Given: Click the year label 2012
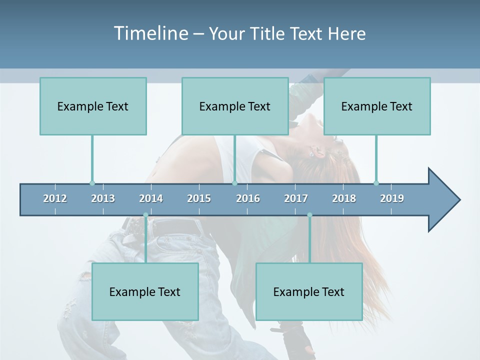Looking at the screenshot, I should (x=55, y=198).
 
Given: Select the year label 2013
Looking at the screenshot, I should (x=103, y=198).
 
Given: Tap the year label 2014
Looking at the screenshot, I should (x=151, y=198).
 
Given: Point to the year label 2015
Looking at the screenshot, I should (x=199, y=198).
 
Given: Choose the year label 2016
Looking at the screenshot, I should (x=248, y=198).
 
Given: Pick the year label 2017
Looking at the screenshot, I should (x=296, y=198).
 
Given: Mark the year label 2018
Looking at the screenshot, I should (x=344, y=198).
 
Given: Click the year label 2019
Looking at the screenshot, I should (x=392, y=198).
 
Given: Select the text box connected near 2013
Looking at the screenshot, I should (x=93, y=106).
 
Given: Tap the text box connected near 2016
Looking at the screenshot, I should (x=235, y=106).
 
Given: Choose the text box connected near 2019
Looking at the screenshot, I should (x=377, y=106).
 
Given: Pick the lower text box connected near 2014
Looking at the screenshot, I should (x=145, y=291).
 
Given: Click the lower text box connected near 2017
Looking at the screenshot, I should (x=309, y=291).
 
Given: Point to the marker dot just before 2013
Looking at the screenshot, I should (x=92, y=183).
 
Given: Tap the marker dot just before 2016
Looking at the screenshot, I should (x=234, y=183).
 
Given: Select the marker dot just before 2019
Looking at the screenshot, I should (x=376, y=183).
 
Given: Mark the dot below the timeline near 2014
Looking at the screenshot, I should (x=145, y=215).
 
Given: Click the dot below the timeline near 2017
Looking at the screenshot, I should (x=309, y=215).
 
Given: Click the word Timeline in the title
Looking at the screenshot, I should (x=150, y=33).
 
